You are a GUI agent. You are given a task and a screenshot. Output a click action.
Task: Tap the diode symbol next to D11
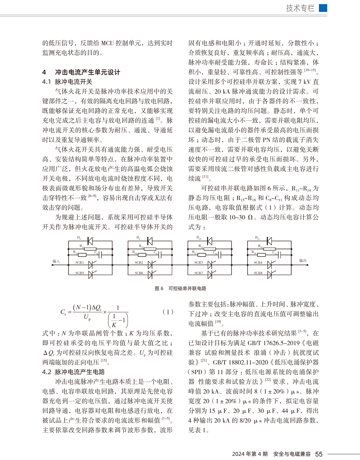[x=269, y=241]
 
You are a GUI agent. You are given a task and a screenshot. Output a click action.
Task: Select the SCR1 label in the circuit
[x=79, y=263]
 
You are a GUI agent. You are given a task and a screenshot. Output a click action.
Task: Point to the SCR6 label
[x=139, y=273]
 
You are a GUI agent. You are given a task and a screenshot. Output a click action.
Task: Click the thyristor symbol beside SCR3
[x=211, y=264]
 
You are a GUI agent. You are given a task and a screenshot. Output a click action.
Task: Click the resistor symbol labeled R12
[x=150, y=249]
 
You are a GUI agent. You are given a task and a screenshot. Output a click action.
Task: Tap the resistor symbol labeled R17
[x=202, y=255]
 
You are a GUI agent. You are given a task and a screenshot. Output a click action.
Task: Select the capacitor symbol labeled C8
[x=100, y=255]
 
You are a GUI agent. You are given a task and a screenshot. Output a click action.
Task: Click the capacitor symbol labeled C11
[x=279, y=255]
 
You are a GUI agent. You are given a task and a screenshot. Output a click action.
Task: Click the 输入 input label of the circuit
[x=56, y=261]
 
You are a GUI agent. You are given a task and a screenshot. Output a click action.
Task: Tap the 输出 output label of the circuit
[x=303, y=260]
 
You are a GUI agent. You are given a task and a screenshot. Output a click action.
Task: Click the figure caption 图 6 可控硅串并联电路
[x=180, y=288]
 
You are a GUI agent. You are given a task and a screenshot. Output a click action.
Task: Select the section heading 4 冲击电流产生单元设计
[x=81, y=72]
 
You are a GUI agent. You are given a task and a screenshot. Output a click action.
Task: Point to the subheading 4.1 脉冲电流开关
[x=67, y=82]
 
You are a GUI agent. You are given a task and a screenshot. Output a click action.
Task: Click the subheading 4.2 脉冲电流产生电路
[x=73, y=372]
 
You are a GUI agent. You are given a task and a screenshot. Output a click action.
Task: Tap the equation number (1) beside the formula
[x=168, y=312]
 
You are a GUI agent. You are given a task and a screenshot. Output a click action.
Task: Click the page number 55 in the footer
[x=319, y=454]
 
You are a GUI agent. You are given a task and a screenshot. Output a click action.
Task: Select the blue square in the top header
[x=323, y=8]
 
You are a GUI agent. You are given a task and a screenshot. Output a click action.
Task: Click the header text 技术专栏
[x=300, y=8]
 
